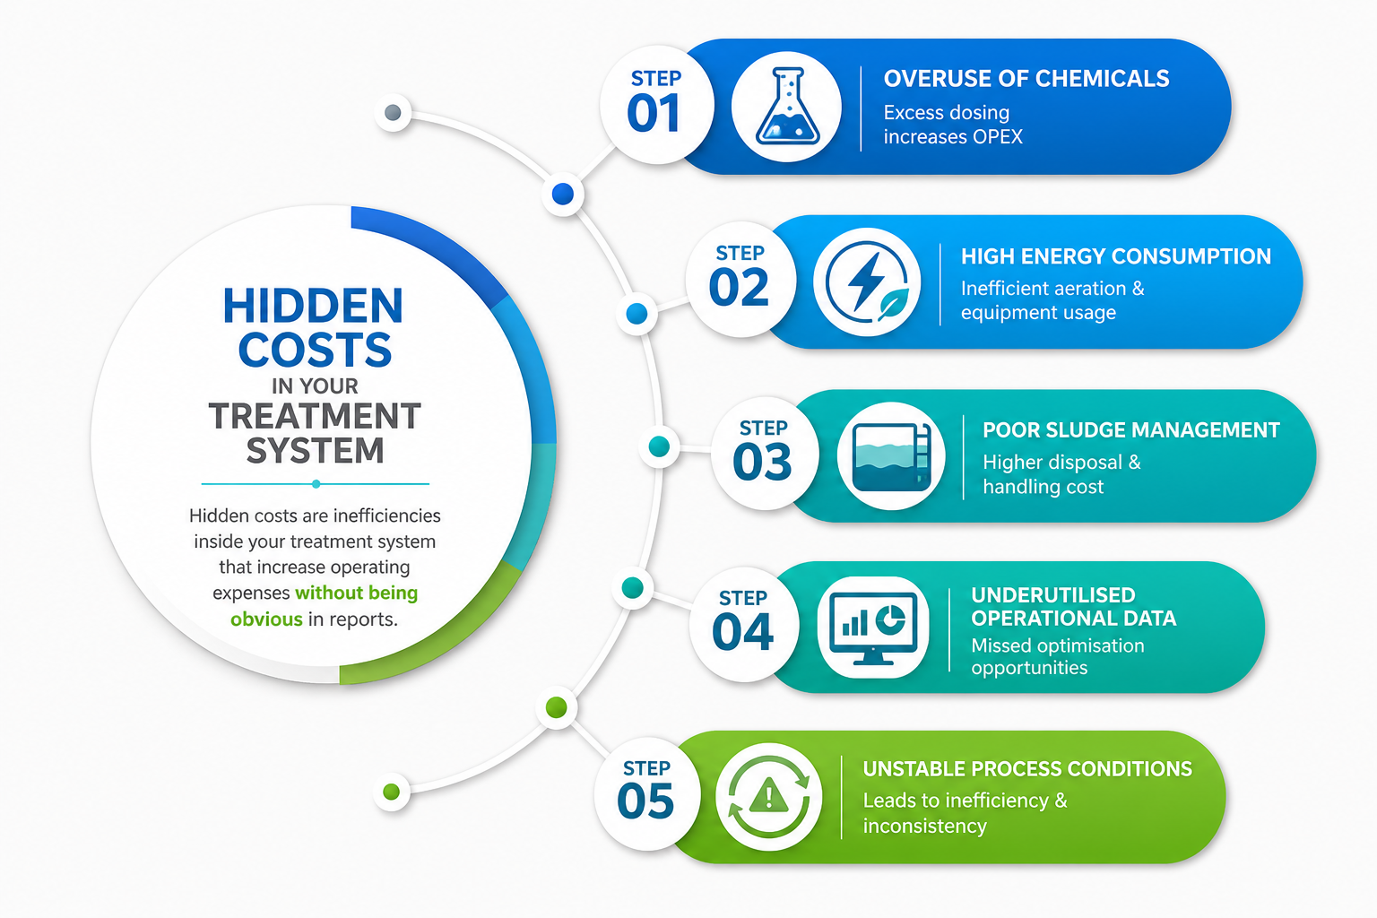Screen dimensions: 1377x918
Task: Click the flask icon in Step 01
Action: point(787,107)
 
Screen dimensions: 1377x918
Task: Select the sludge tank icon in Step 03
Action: point(891,456)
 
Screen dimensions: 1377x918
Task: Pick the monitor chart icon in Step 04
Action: point(873,628)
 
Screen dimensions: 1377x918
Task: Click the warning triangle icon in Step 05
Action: point(768,797)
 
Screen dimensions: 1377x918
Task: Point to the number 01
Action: point(654,113)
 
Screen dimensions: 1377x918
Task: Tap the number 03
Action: point(762,461)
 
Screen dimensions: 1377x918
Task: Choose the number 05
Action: point(645,801)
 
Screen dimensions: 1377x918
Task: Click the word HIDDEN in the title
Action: point(313,306)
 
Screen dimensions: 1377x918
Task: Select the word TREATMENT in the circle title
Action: point(315,416)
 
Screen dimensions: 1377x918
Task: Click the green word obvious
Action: point(266,619)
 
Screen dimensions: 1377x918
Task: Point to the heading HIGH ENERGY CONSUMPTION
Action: point(1116,256)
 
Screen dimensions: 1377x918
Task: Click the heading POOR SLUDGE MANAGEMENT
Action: point(1131,430)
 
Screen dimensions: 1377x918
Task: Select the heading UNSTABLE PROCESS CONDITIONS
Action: point(1027,768)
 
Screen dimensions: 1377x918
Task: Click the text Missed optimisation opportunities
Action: point(1058,657)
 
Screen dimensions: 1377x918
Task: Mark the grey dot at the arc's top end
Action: point(393,113)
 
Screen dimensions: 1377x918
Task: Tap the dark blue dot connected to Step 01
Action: point(562,194)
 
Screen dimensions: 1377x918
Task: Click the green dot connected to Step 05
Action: point(557,707)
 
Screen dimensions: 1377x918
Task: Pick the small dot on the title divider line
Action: point(316,484)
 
